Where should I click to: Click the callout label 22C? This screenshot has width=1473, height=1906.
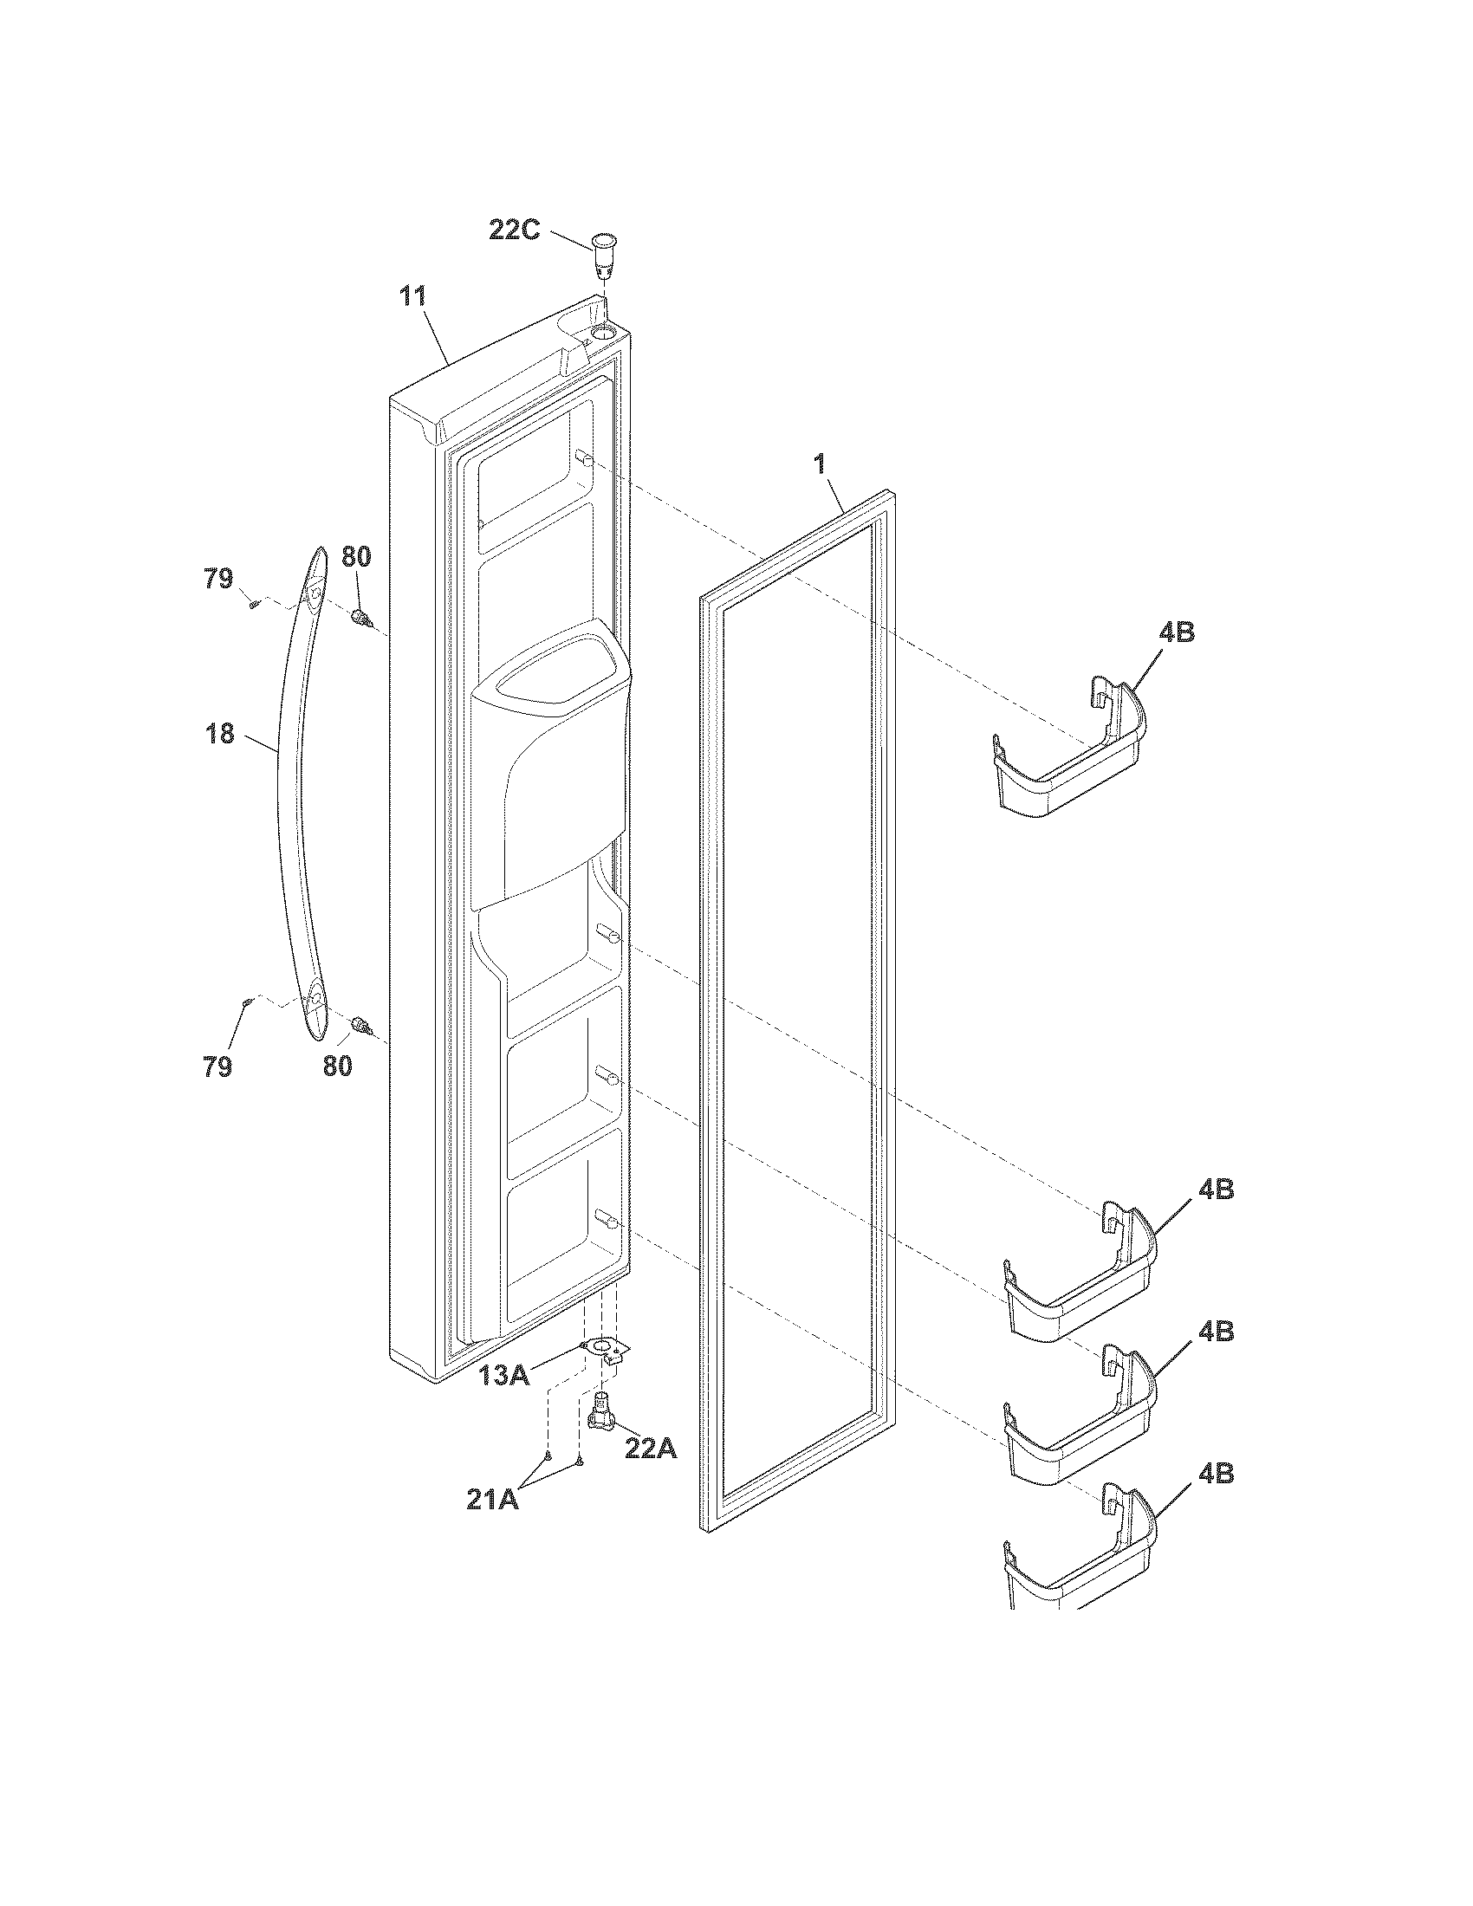(514, 232)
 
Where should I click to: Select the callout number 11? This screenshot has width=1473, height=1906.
(412, 296)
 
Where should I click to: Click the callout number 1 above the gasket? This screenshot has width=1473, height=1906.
(820, 464)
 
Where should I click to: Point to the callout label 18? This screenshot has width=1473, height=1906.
(221, 734)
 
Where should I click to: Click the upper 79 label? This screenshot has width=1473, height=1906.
(219, 578)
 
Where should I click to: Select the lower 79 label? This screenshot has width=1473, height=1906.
(218, 1066)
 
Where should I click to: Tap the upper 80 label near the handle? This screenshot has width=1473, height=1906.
(355, 557)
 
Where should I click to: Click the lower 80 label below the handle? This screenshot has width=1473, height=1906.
(338, 1066)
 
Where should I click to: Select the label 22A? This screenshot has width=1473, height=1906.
(650, 1449)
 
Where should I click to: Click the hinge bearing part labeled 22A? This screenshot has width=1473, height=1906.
(601, 1422)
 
